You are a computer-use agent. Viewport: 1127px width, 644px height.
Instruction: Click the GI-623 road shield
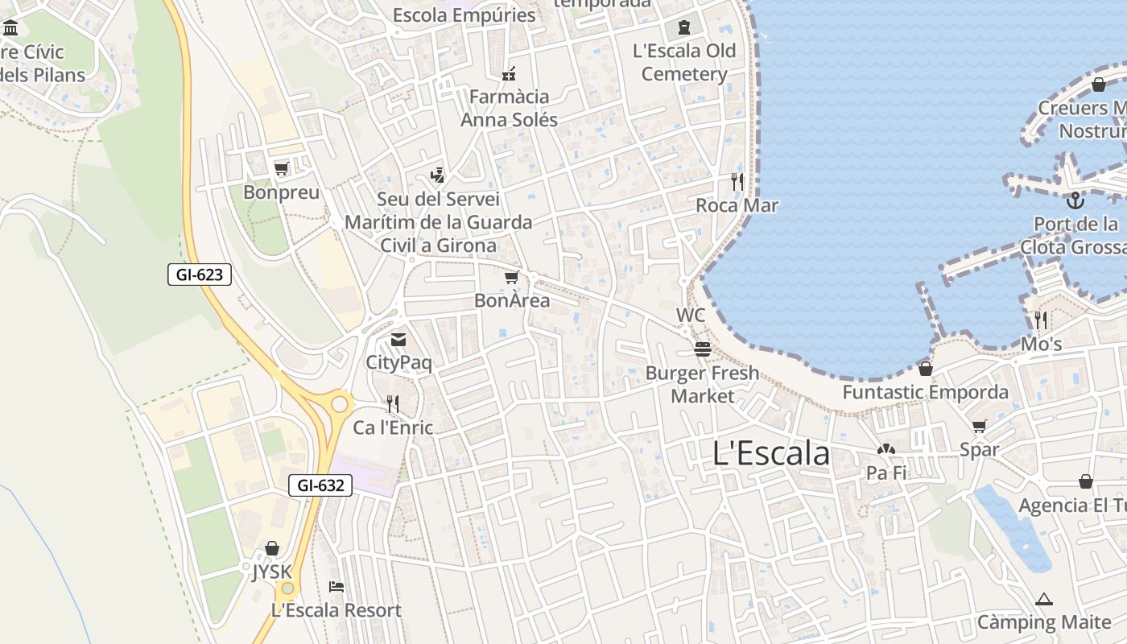coord(200,275)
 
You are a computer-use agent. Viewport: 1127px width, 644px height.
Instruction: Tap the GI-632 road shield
coord(320,485)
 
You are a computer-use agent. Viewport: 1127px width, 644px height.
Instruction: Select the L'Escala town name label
coord(770,453)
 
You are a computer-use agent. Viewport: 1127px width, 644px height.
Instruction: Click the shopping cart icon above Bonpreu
coord(281,168)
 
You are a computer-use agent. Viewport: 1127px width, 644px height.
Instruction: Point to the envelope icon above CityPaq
coord(398,340)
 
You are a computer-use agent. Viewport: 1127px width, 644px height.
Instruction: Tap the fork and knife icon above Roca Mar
coord(737,181)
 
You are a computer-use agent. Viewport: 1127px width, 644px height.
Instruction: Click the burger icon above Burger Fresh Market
coord(703,349)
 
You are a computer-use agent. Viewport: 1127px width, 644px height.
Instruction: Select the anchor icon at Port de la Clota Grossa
coord(1075,200)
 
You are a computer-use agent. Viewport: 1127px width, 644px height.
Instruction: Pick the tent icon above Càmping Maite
coord(1044,599)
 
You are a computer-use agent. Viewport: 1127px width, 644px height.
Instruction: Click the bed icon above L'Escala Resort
coord(336,586)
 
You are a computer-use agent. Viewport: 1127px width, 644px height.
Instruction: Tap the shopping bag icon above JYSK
coord(272,548)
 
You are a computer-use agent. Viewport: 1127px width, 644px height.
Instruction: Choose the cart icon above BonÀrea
coord(511,278)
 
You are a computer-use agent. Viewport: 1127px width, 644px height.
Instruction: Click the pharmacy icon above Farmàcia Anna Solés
coord(509,74)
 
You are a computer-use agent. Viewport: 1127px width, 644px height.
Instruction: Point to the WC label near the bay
coord(691,315)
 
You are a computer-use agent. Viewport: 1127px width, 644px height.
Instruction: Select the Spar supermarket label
coord(979,450)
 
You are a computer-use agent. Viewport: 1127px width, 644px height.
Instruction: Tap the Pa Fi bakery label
coord(886,473)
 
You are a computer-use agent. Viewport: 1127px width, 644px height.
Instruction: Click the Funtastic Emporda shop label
coord(925,392)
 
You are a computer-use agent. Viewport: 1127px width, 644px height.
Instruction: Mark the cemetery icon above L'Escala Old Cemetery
coord(684,27)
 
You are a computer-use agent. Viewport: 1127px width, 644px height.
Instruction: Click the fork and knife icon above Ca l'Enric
coord(393,403)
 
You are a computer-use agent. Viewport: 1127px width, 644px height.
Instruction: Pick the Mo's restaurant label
coord(1041,344)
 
